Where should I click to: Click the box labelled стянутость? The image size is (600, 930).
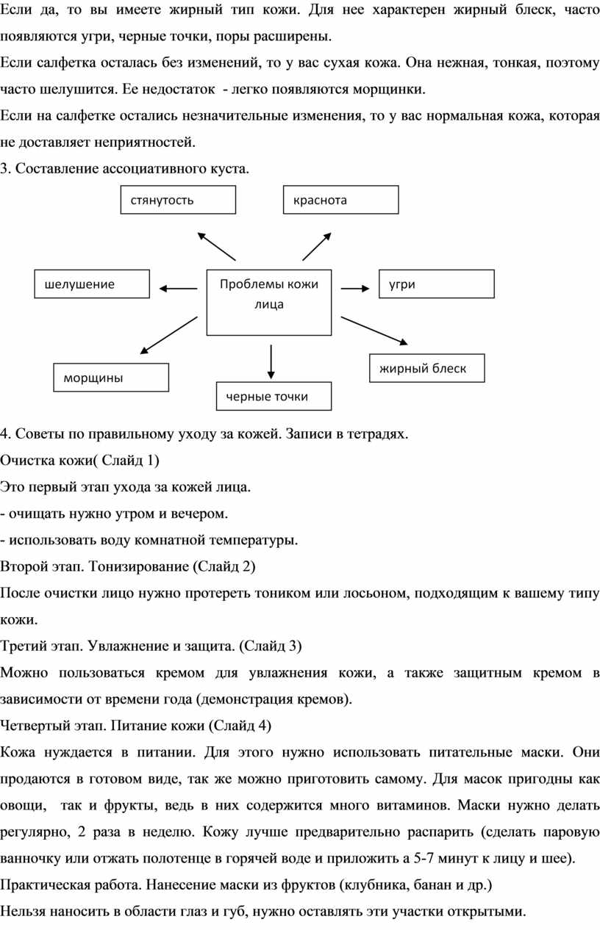click(x=178, y=200)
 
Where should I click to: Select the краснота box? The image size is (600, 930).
click(x=340, y=200)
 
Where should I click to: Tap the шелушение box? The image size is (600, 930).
click(x=92, y=284)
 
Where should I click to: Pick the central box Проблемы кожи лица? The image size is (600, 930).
click(x=269, y=302)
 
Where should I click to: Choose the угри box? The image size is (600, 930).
click(x=436, y=284)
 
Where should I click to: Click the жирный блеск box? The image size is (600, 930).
click(x=426, y=368)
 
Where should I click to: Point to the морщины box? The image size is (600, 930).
click(x=111, y=378)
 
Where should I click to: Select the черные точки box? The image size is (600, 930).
click(x=274, y=396)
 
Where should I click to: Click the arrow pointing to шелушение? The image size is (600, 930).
click(x=178, y=289)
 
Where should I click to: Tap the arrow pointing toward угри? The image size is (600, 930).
click(x=355, y=289)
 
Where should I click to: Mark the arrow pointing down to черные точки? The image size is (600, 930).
click(x=271, y=361)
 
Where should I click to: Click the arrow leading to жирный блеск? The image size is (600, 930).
click(x=374, y=331)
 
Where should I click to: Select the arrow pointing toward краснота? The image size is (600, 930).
click(x=317, y=247)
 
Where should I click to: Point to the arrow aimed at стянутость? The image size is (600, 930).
click(x=216, y=247)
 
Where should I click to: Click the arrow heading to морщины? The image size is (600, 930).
click(x=168, y=336)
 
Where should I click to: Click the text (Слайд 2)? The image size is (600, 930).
click(x=224, y=566)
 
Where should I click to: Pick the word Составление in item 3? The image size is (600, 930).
click(x=57, y=168)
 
